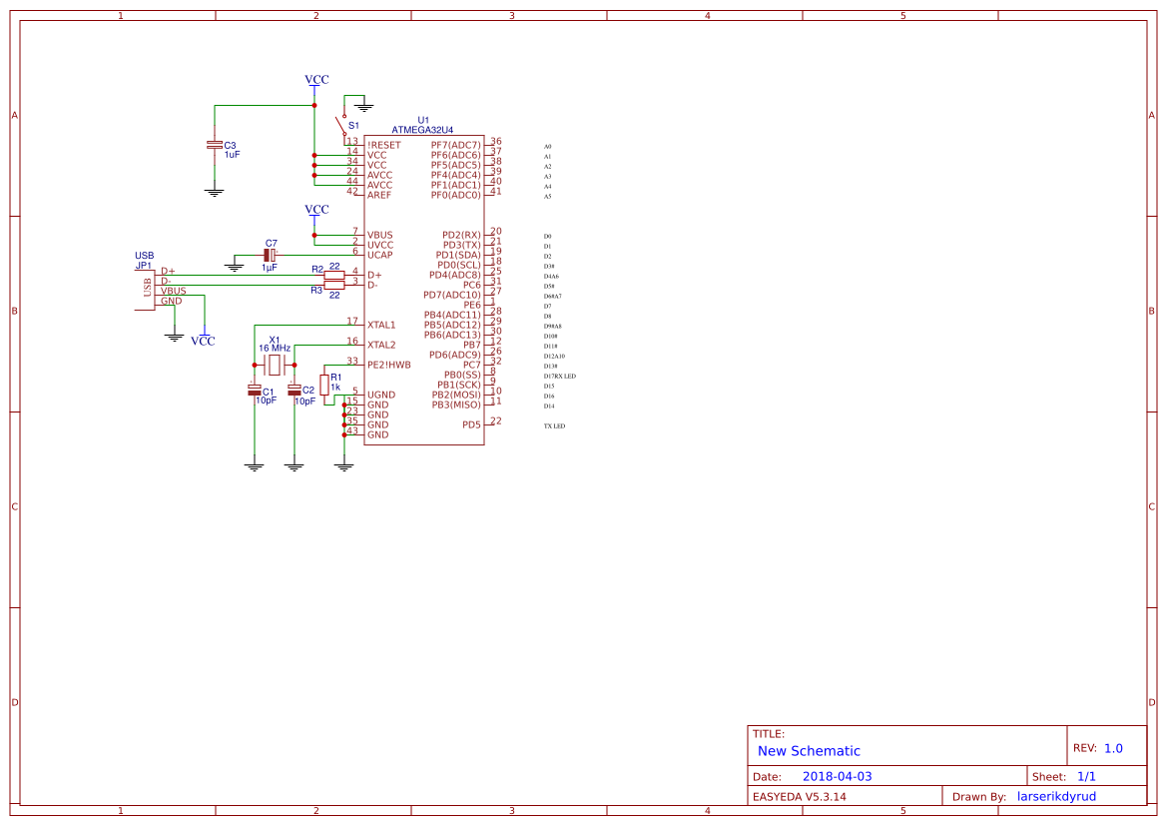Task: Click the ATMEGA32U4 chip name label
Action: [422, 130]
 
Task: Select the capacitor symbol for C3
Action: [214, 146]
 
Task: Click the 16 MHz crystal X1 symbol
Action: [275, 366]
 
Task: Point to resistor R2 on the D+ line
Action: [334, 275]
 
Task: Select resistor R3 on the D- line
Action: [334, 286]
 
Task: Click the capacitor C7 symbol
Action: [269, 255]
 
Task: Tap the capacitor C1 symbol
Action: [255, 391]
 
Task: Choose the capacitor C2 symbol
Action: [294, 391]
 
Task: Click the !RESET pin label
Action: [383, 146]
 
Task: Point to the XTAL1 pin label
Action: [381, 325]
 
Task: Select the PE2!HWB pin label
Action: [388, 365]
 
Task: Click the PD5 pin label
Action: [471, 424]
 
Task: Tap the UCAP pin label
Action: [379, 255]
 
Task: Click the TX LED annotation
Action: [554, 426]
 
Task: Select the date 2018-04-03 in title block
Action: [837, 776]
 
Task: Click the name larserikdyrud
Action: [1056, 796]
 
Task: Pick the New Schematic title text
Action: [809, 751]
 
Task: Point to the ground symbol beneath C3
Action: [214, 190]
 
